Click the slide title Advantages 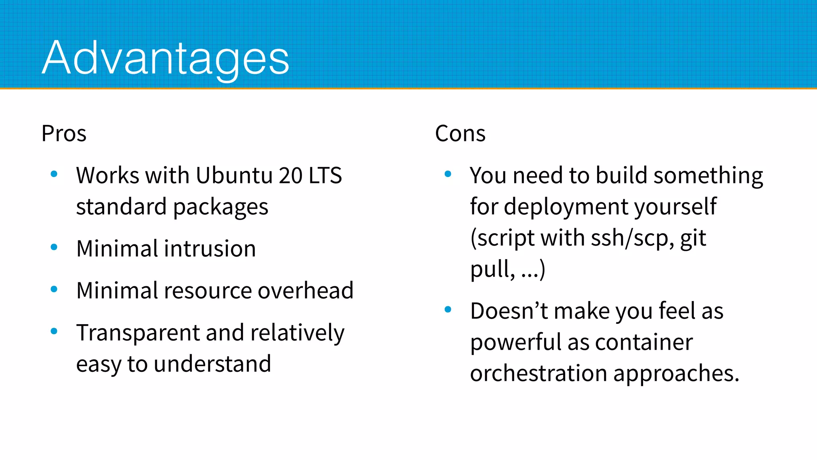point(165,58)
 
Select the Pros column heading point(64,133)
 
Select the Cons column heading point(460,133)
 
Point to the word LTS point(325,175)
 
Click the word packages point(221,207)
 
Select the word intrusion point(207,249)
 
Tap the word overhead point(305,290)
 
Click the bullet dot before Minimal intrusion point(54,247)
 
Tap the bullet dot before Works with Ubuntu point(54,174)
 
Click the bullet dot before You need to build point(448,174)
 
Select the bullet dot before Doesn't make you point(448,309)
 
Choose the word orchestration point(539,374)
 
